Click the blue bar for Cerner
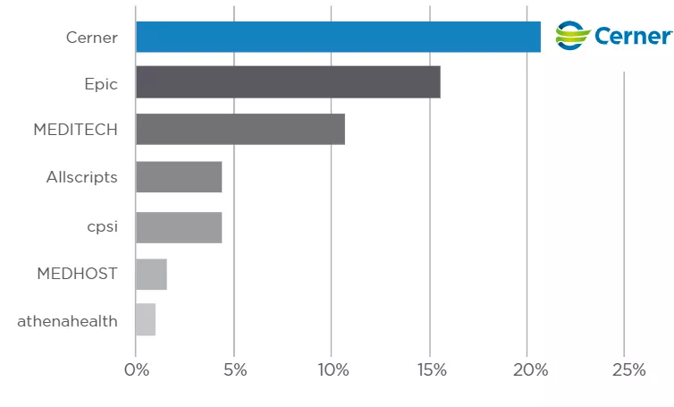pos(338,37)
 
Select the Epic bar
pos(288,81)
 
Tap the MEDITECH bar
pos(240,130)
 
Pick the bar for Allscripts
pos(179,177)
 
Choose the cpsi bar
pos(179,227)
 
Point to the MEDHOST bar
pos(151,274)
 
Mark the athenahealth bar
pos(146,320)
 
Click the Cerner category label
pos(91,38)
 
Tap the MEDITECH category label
pos(75,130)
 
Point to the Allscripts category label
pos(81,177)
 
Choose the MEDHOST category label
pos(77,274)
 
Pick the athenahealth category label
pos(67,320)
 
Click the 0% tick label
pos(136,370)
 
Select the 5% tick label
pos(233,370)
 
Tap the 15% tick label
pos(429,370)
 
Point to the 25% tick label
pos(625,370)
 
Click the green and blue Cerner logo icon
pos(573,36)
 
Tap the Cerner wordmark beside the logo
pos(633,36)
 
